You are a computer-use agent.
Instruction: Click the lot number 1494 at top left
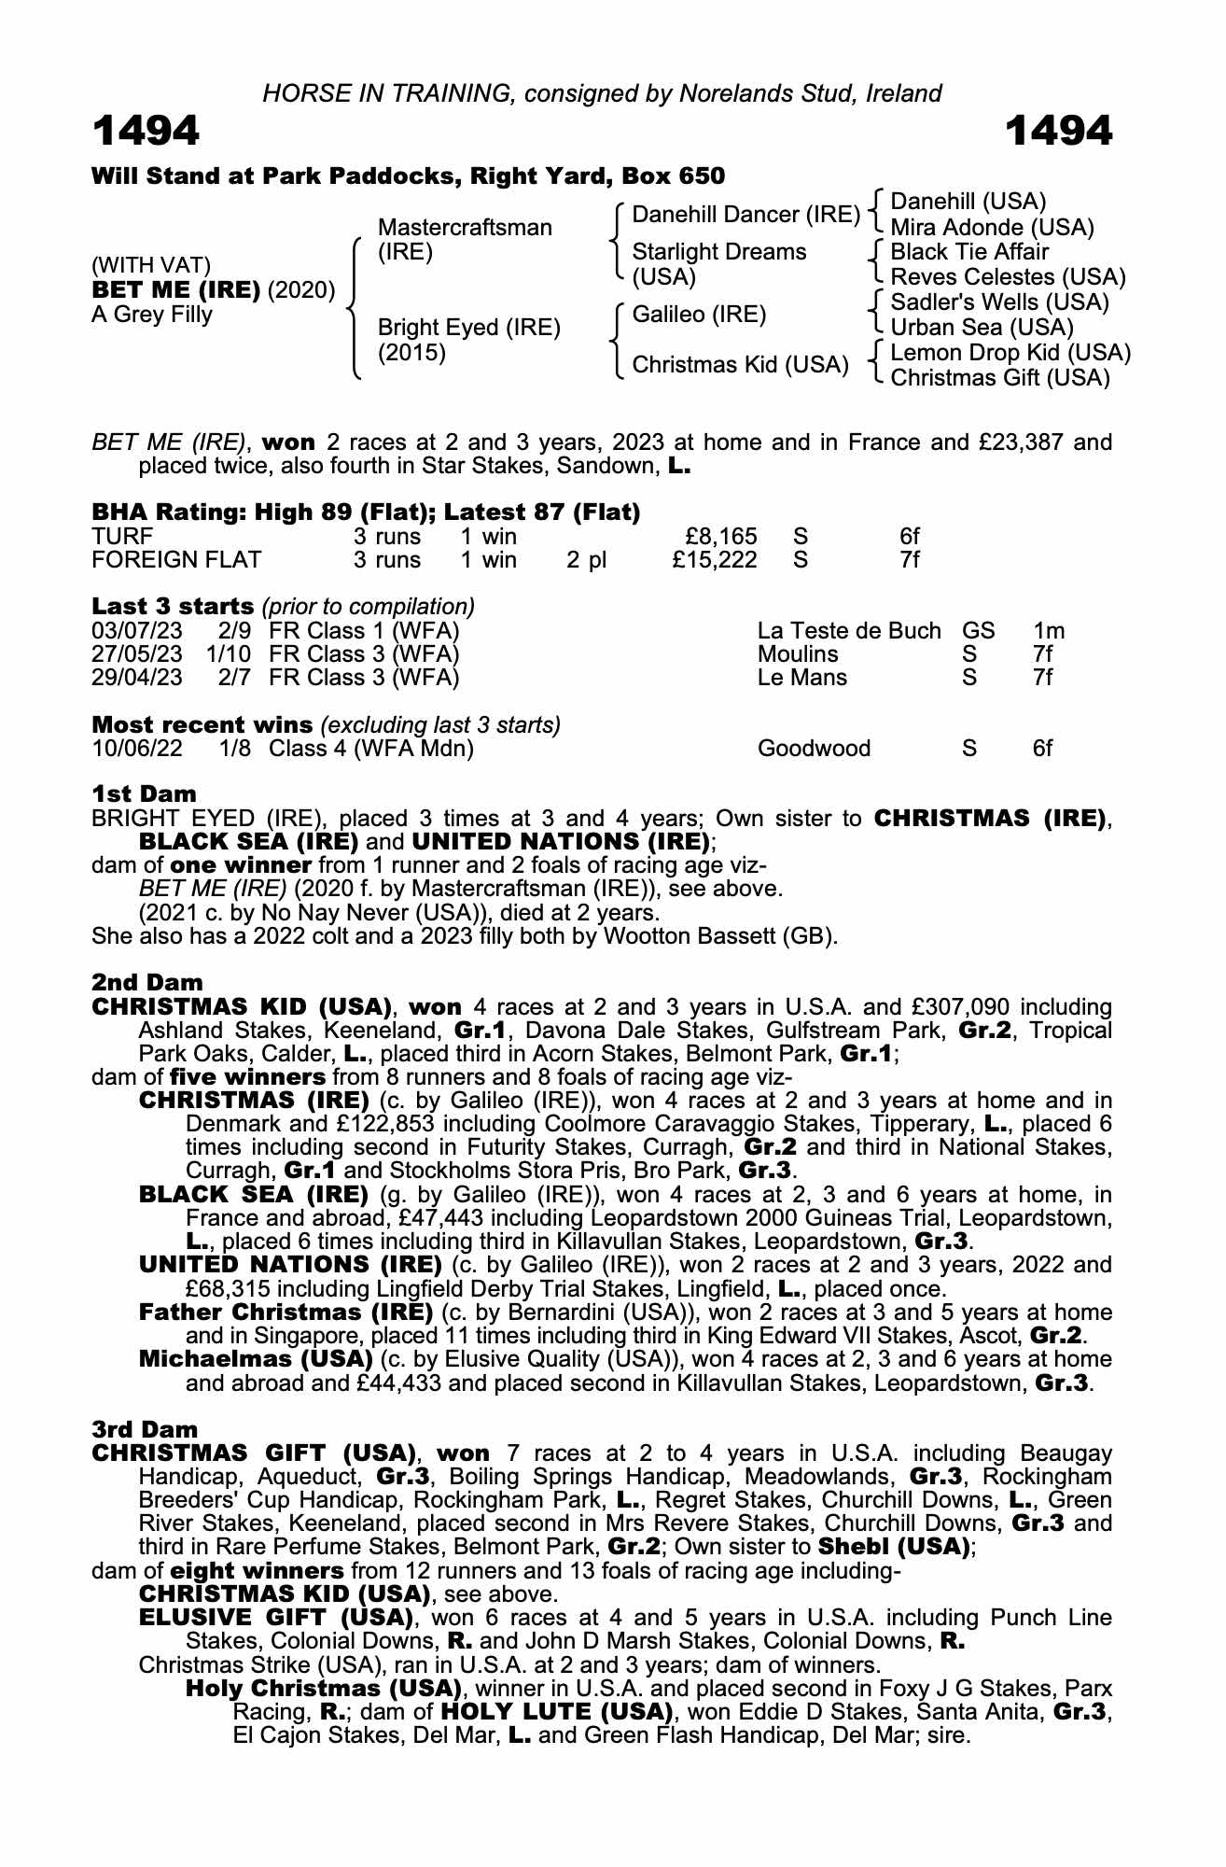[x=146, y=132]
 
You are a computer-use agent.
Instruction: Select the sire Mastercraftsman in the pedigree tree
[x=465, y=228]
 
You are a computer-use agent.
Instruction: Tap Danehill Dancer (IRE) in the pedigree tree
[x=745, y=215]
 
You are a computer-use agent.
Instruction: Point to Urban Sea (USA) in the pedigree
[x=982, y=328]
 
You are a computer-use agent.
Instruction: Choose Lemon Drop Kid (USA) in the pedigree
[x=1010, y=353]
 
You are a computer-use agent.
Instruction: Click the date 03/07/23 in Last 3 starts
[x=137, y=631]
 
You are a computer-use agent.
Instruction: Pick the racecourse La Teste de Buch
[x=849, y=631]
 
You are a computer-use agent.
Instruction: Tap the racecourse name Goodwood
[x=814, y=749]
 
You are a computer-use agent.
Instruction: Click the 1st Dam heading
[x=144, y=794]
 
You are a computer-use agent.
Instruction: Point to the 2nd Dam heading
[x=147, y=982]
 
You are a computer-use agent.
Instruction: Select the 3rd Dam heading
[x=146, y=1429]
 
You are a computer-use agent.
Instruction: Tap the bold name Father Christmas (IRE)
[x=286, y=1313]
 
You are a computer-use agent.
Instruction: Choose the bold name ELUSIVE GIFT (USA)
[x=275, y=1617]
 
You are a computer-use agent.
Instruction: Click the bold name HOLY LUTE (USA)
[x=556, y=1713]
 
